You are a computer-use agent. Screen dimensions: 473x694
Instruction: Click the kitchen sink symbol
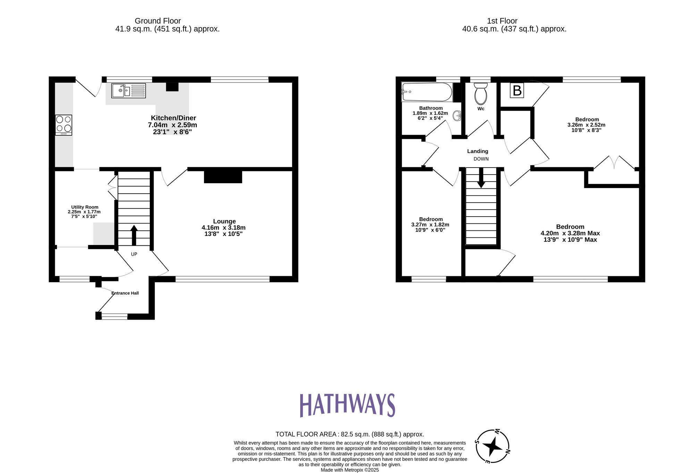[128, 91]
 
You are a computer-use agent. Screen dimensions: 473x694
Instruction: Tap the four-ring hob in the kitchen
[64, 125]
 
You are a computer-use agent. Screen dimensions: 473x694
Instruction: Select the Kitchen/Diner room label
[173, 118]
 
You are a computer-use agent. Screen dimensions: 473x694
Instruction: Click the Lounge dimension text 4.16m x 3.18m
[223, 228]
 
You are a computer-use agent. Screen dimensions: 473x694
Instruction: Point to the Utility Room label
[85, 207]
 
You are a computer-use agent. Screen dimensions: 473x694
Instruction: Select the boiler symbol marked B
[517, 91]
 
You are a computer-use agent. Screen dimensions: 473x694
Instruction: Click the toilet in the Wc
[481, 94]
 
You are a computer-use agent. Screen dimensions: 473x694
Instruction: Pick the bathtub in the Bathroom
[427, 92]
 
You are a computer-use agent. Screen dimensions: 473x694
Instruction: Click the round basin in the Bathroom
[457, 116]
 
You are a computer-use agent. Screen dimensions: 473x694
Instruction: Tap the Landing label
[477, 151]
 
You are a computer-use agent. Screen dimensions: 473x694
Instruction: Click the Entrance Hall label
[125, 293]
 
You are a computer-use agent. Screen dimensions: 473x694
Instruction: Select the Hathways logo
[347, 405]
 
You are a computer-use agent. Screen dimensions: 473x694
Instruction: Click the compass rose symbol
[492, 446]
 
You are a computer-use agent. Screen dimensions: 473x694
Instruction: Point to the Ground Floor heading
[158, 21]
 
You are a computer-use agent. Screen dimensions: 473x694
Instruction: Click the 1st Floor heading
[502, 21]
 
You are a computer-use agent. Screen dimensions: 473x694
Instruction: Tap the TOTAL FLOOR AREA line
[349, 434]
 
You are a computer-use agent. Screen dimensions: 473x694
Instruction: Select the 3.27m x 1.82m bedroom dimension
[430, 225]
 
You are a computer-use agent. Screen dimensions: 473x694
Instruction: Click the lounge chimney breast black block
[223, 177]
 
